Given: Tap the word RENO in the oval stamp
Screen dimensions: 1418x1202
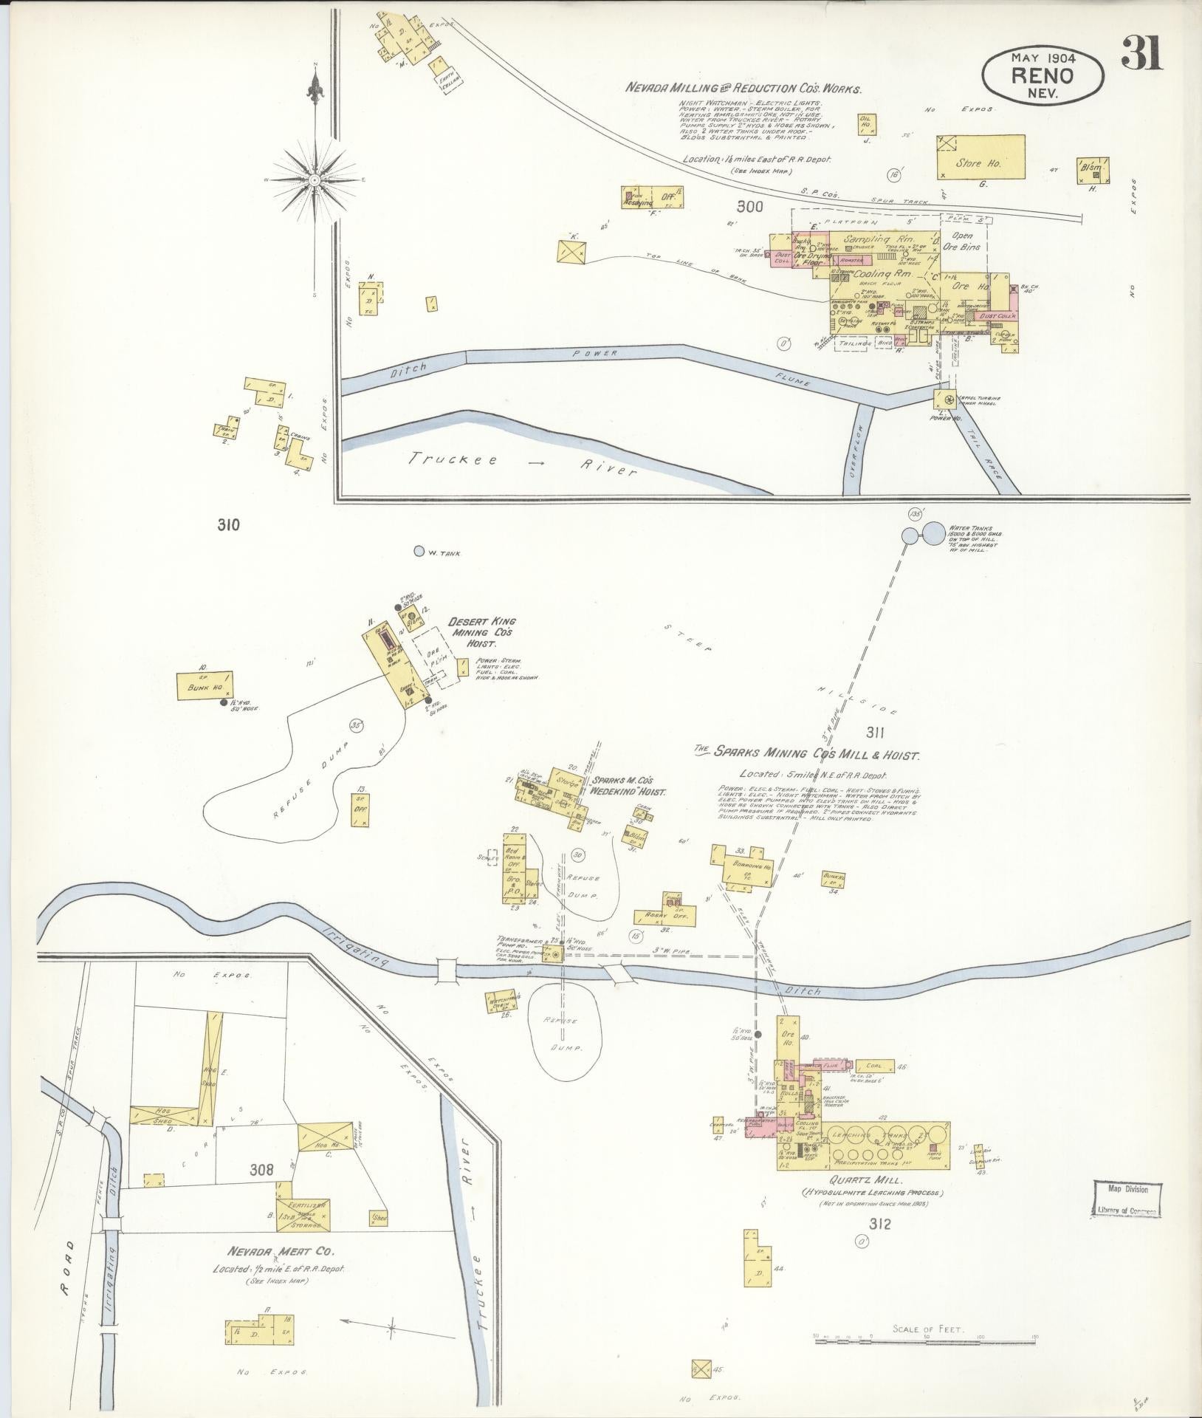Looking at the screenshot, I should [1043, 75].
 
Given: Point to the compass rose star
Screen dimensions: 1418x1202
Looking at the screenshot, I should [315, 179].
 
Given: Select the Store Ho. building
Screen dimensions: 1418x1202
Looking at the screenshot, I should [981, 157].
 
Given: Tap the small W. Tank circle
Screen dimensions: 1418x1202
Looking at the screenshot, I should [419, 551].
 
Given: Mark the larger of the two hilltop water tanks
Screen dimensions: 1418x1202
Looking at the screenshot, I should [934, 533].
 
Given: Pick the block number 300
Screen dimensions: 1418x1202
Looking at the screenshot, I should [749, 208].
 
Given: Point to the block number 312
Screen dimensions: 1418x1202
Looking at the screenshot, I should [880, 1225].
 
